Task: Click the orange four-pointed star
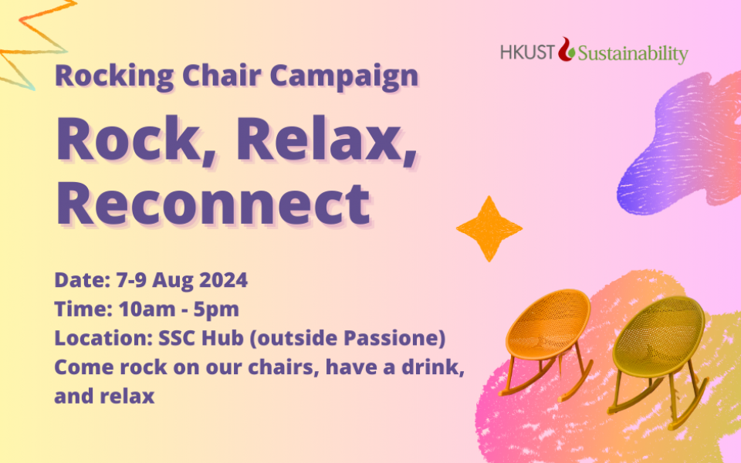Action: coord(489,228)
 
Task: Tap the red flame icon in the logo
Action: coord(566,49)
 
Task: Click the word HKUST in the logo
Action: coord(527,52)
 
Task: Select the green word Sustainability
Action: coord(633,54)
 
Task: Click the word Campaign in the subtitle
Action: coord(344,76)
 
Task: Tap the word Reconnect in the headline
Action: coord(213,204)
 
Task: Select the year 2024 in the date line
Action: coord(224,279)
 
